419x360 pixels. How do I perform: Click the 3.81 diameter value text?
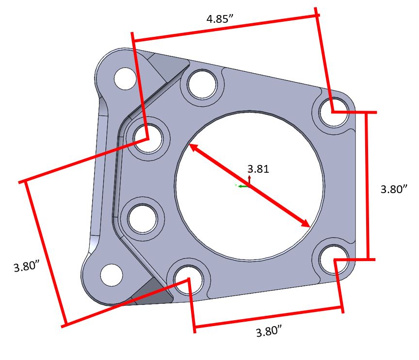coord(258,169)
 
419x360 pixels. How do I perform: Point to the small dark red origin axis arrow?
coord(249,180)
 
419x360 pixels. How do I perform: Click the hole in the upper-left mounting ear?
coord(125,78)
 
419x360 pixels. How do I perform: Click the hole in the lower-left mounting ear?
coord(111,275)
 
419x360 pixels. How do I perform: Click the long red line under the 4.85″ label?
coord(226,28)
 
